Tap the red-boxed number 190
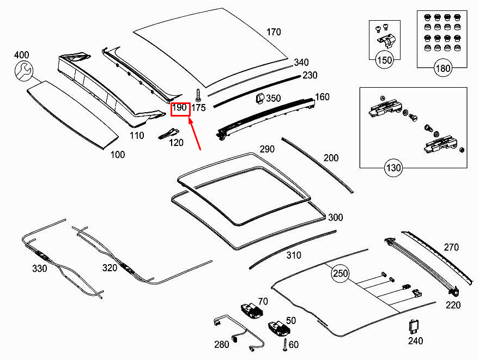(180, 108)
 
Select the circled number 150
(385, 60)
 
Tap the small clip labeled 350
(260, 98)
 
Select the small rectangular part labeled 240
(414, 327)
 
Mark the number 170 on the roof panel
(274, 32)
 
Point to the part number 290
(266, 149)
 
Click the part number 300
(335, 217)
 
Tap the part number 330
(40, 268)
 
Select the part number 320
(110, 268)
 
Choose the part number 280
(222, 344)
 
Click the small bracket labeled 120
(168, 133)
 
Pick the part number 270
(451, 247)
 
